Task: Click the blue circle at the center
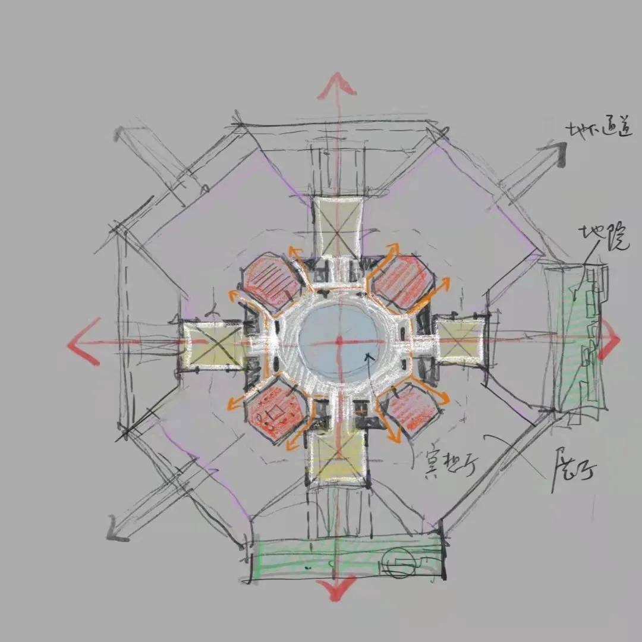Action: click(x=338, y=340)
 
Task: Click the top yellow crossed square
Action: click(x=338, y=228)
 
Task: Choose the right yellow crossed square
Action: click(x=462, y=340)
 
